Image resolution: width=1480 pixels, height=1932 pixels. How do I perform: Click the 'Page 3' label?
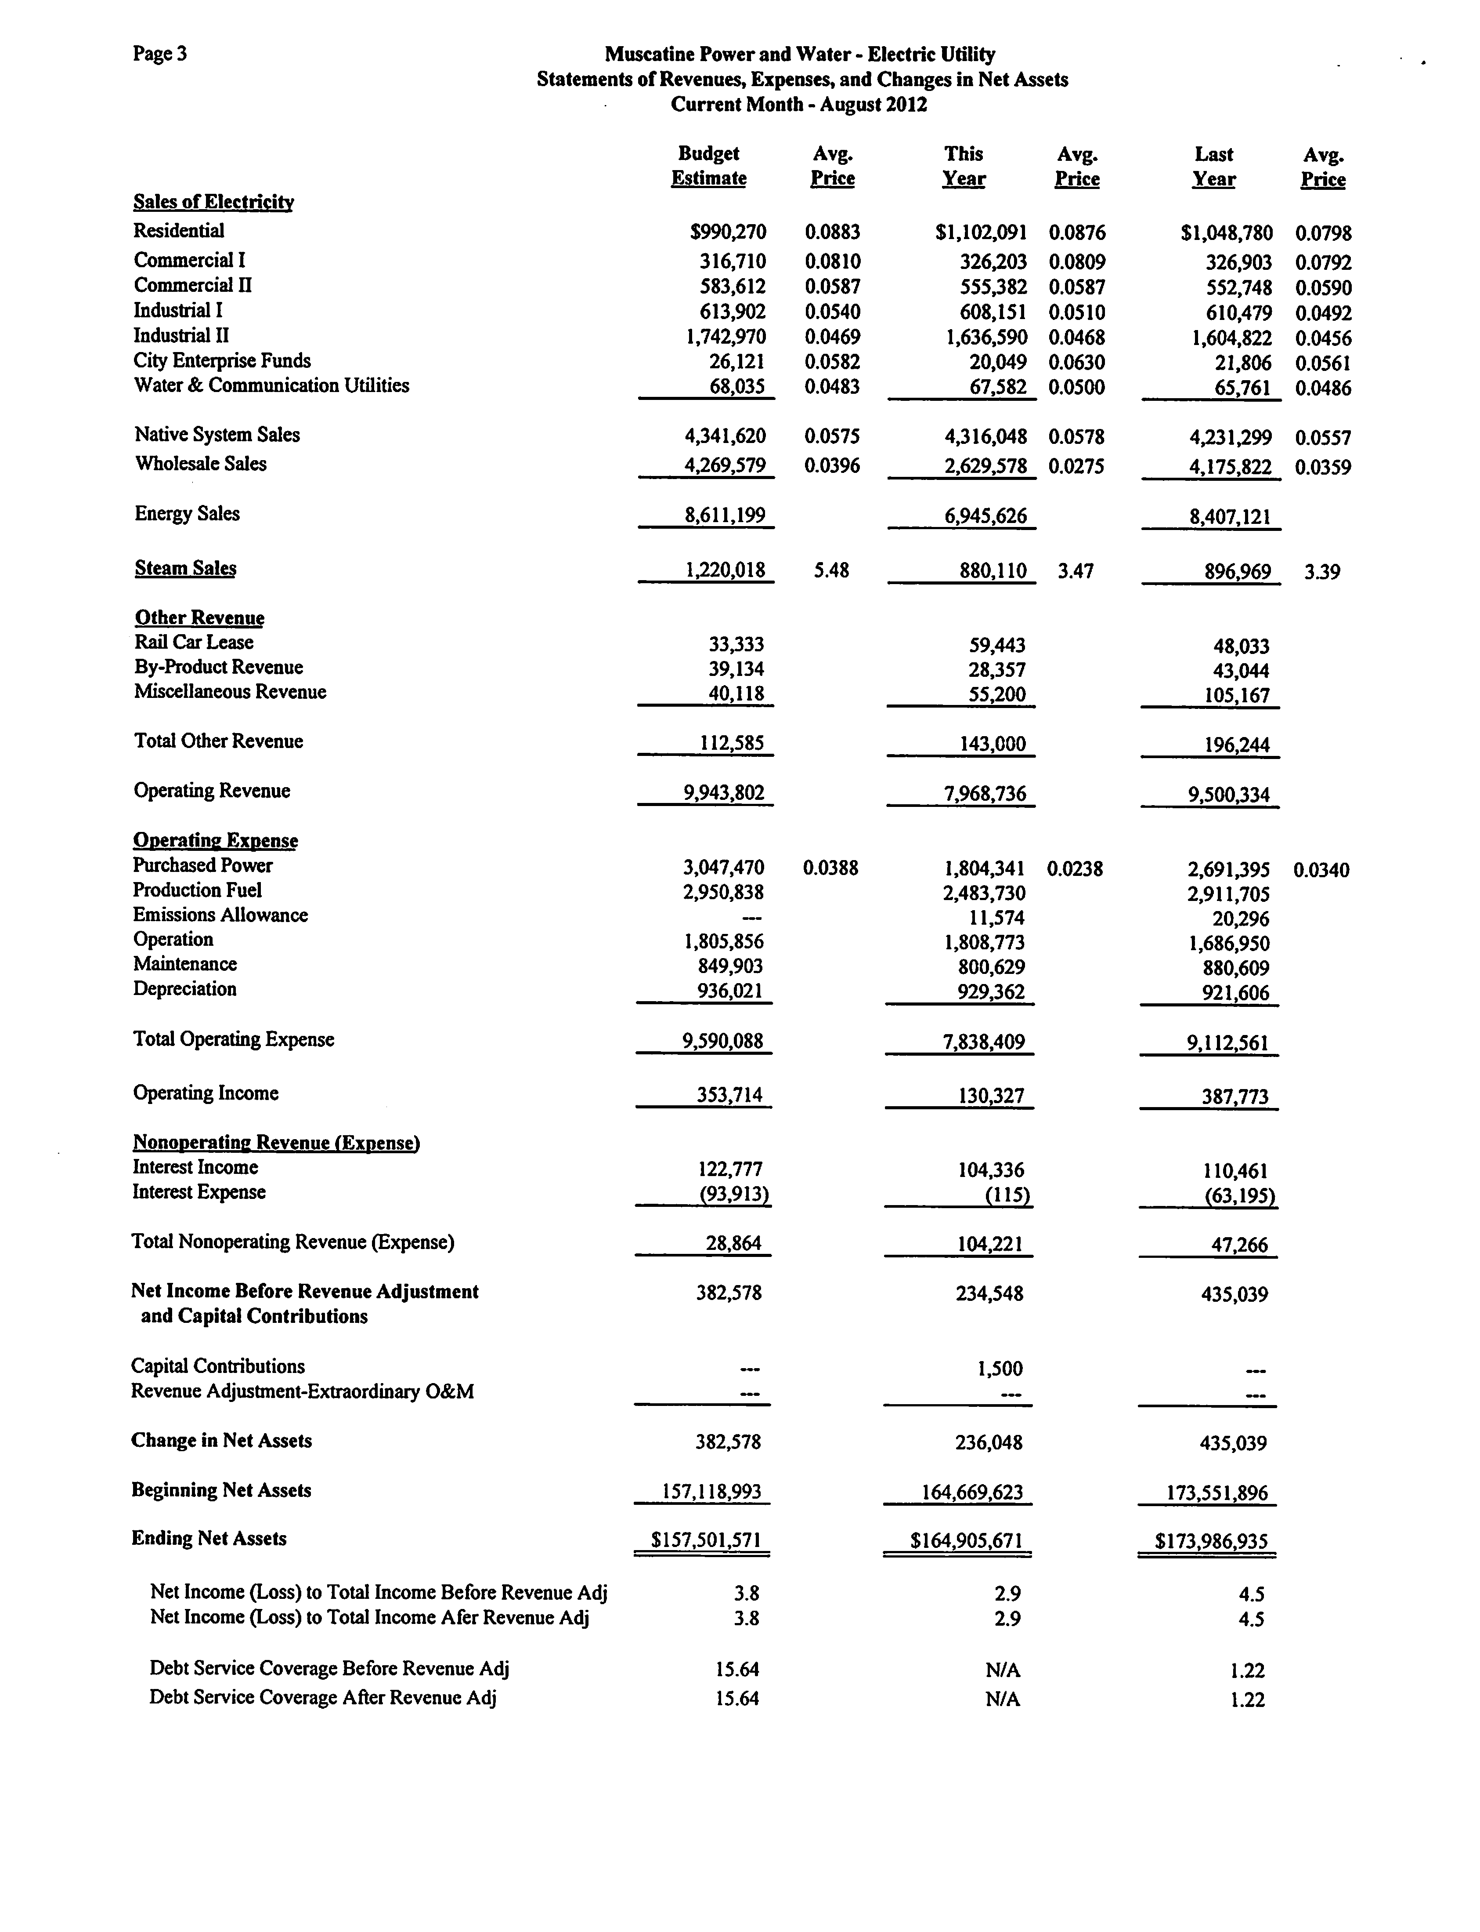point(159,54)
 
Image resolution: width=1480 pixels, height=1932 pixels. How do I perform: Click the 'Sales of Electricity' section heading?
point(213,202)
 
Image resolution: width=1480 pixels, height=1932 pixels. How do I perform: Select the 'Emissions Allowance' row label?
point(220,915)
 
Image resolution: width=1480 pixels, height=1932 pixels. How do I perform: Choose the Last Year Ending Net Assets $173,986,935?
point(1211,1542)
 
